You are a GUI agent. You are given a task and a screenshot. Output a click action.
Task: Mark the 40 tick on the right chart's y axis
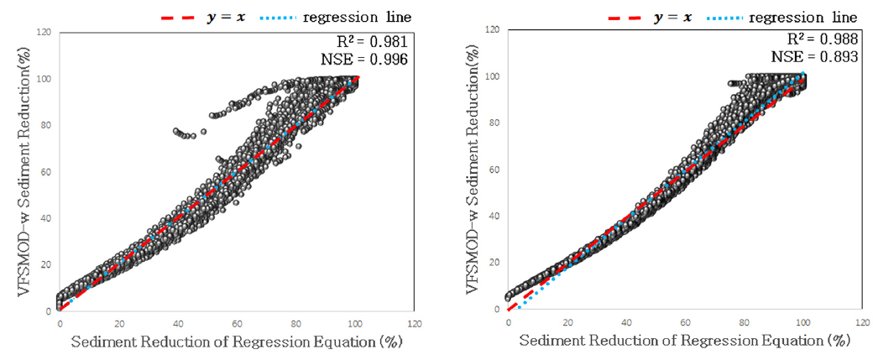pyautogui.click(x=496, y=217)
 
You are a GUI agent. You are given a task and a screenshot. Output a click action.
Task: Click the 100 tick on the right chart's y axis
pyautogui.click(x=494, y=76)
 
